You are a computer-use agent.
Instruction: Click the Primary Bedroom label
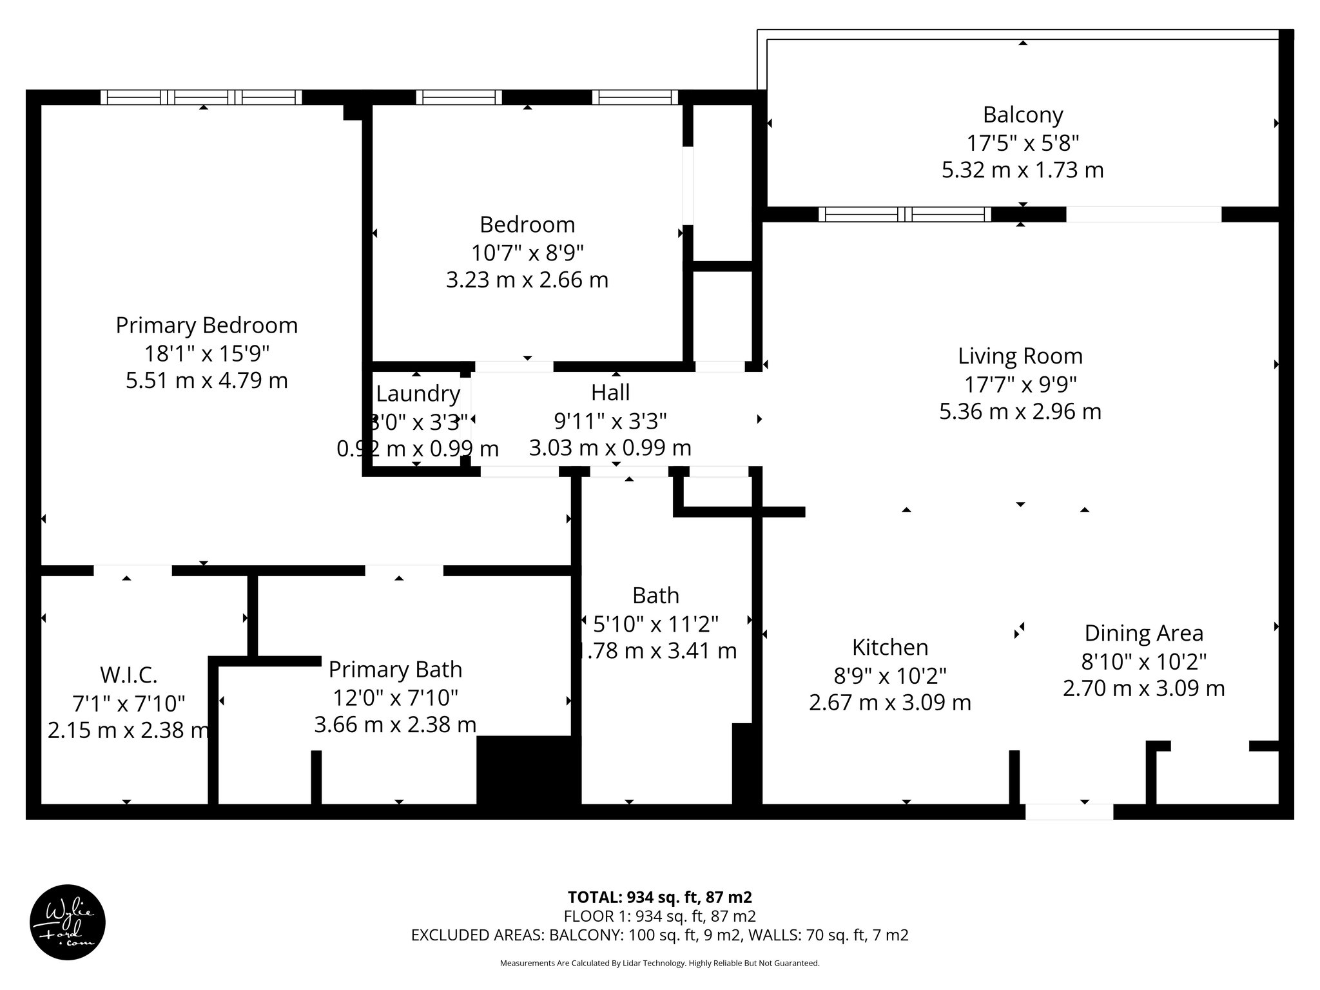(x=206, y=325)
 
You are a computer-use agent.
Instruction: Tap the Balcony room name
(x=1022, y=115)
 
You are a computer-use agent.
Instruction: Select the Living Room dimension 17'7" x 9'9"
(x=1020, y=384)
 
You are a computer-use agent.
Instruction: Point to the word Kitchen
(x=889, y=647)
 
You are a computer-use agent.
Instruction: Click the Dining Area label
(x=1143, y=633)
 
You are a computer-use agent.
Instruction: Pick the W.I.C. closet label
(x=128, y=675)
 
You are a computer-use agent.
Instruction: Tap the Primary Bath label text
(x=395, y=669)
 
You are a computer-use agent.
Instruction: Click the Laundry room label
(x=418, y=393)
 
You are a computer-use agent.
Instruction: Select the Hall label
(x=610, y=392)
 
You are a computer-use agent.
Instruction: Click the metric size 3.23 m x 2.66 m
(x=527, y=280)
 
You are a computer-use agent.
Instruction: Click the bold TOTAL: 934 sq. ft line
(x=659, y=897)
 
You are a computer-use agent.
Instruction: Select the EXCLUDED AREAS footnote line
(x=659, y=935)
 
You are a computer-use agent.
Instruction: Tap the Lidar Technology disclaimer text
(x=659, y=963)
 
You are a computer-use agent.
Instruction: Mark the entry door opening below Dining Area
(x=1069, y=811)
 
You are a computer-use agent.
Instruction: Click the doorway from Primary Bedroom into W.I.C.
(x=133, y=570)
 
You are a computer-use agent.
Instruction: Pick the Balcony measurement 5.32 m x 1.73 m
(x=1022, y=170)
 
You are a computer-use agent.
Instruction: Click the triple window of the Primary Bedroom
(x=201, y=97)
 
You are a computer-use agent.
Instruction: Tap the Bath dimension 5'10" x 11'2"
(x=655, y=623)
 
